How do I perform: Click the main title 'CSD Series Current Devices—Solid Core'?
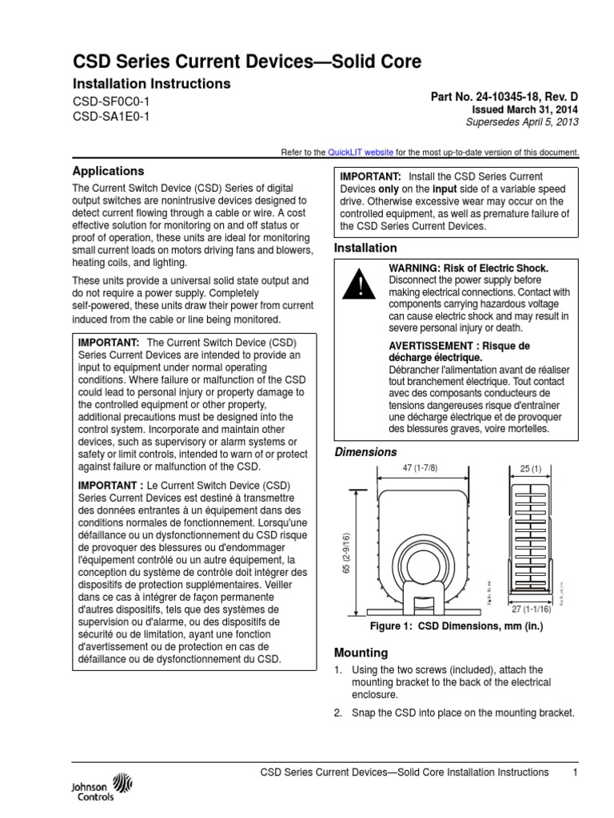point(247,62)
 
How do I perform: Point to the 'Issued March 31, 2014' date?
point(524,109)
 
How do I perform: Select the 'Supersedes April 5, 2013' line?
point(521,122)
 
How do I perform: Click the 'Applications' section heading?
point(109,171)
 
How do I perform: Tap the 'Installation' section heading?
point(365,248)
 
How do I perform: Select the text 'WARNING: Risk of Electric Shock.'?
point(468,268)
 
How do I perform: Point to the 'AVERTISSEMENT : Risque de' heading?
point(459,345)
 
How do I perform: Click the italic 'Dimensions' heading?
point(365,452)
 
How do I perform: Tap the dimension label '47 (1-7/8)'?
point(421,468)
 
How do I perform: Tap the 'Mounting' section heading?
point(361,652)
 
